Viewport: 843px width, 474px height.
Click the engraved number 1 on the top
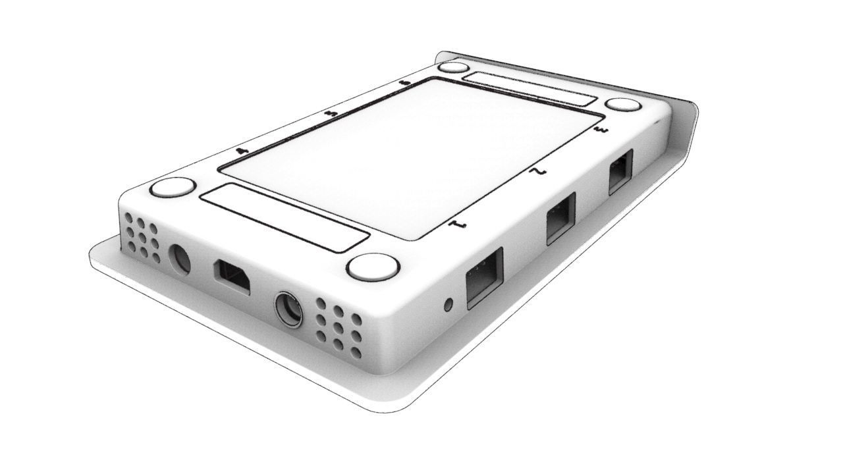coord(458,226)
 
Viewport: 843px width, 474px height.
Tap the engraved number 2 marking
coord(539,172)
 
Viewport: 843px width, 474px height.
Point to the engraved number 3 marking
coord(600,132)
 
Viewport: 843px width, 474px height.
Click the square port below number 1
coord(484,278)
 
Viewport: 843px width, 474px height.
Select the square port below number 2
coord(560,218)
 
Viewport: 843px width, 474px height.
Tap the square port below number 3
coord(620,172)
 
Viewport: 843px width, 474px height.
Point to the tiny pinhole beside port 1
coord(449,305)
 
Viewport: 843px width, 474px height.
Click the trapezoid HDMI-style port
coord(232,276)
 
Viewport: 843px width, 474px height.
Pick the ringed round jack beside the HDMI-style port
coord(288,309)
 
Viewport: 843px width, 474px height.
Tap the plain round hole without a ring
coord(179,259)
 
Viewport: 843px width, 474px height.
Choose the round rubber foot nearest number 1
coord(373,267)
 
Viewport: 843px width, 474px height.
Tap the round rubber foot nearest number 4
coord(173,188)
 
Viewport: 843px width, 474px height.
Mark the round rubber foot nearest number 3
coord(623,105)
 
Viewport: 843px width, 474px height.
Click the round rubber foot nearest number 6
coord(453,67)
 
